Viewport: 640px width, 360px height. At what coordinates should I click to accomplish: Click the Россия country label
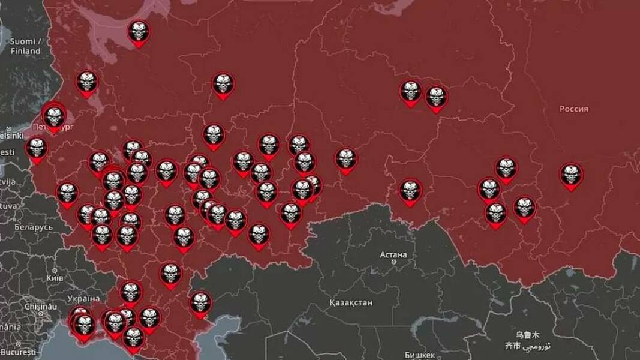pyautogui.click(x=573, y=109)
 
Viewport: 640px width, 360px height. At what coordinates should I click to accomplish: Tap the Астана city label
pyautogui.click(x=393, y=254)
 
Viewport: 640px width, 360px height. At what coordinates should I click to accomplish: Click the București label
pyautogui.click(x=18, y=352)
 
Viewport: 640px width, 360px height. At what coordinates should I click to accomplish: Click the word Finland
pyautogui.click(x=25, y=52)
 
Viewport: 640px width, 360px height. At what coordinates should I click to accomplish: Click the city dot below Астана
pyautogui.click(x=393, y=262)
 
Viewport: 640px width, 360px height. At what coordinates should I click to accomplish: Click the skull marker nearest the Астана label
pyautogui.click(x=410, y=191)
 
